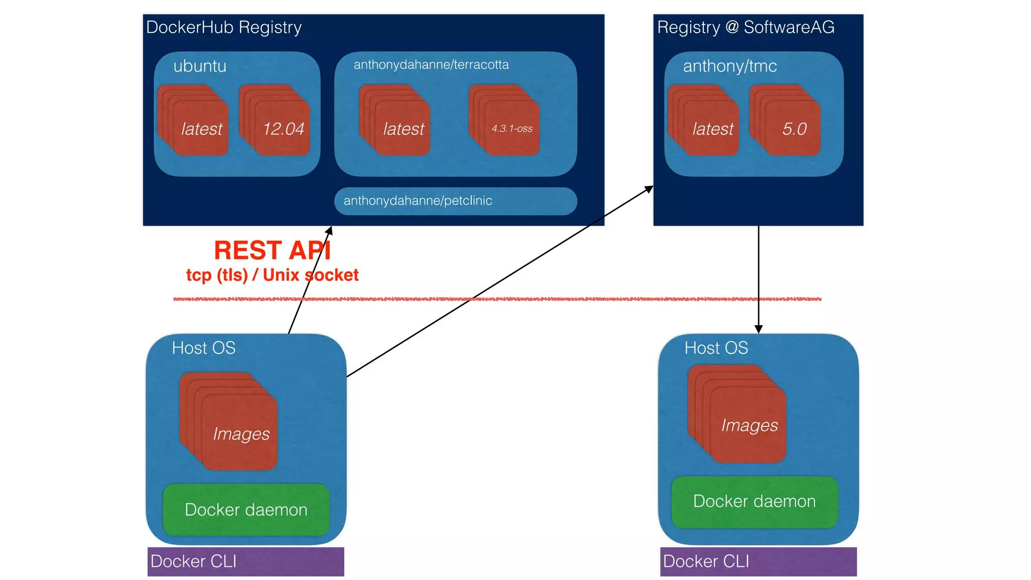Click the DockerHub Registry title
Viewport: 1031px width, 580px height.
click(x=224, y=27)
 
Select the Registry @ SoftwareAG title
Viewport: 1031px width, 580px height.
click(x=746, y=27)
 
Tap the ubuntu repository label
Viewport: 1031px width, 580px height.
click(x=200, y=66)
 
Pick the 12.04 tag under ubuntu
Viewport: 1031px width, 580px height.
click(x=283, y=129)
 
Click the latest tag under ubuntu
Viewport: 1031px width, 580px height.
click(x=201, y=129)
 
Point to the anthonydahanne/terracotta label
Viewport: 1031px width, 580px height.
click(x=431, y=64)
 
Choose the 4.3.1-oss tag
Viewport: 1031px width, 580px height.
click(x=512, y=129)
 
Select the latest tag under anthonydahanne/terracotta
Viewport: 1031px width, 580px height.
click(x=403, y=129)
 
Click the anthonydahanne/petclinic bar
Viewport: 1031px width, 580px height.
click(x=455, y=201)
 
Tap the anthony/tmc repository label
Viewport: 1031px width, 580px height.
click(x=729, y=66)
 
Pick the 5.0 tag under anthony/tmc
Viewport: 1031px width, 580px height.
click(x=794, y=129)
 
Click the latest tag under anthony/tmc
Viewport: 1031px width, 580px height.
click(x=712, y=129)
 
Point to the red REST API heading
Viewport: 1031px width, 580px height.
click(x=272, y=250)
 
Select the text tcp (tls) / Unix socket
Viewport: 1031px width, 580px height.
click(x=272, y=275)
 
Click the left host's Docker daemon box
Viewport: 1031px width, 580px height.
click(x=246, y=510)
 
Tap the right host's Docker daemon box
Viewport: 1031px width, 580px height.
click(x=754, y=501)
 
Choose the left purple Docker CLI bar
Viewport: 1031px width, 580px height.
click(x=246, y=561)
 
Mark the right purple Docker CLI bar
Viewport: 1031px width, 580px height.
click(x=758, y=561)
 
